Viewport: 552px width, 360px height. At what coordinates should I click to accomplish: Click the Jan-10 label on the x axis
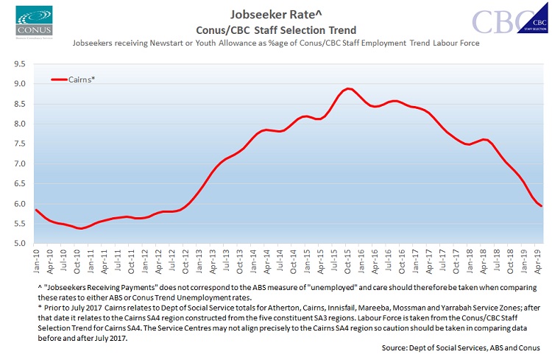pyautogui.click(x=36, y=259)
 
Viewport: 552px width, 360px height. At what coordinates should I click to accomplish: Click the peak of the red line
pyautogui.click(x=348, y=89)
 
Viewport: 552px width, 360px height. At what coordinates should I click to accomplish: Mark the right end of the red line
pyautogui.click(x=542, y=206)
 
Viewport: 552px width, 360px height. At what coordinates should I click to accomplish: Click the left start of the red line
pyautogui.click(x=36, y=210)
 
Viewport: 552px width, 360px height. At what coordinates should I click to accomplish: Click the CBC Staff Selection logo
pyautogui.click(x=507, y=21)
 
